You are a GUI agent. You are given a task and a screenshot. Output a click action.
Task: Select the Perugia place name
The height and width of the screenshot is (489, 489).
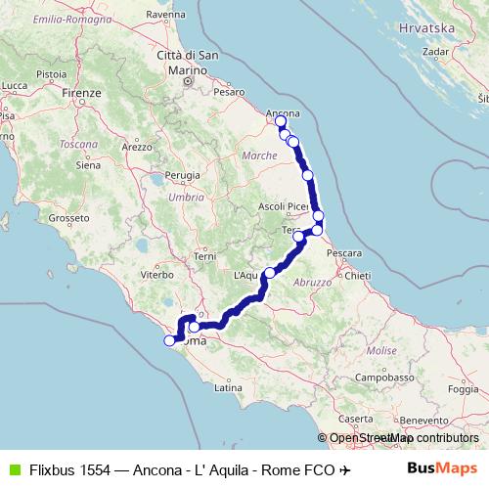(182, 175)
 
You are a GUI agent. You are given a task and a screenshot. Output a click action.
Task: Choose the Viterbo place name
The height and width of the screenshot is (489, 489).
(156, 276)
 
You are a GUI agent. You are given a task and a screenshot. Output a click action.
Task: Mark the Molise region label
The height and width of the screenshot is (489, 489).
(381, 349)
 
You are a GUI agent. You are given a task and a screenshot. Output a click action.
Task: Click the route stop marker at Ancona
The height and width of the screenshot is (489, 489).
(281, 121)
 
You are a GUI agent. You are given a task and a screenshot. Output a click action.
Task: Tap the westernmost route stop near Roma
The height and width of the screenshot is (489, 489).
(169, 340)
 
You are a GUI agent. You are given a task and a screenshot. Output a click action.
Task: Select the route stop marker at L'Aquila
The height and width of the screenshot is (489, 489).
(270, 273)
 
